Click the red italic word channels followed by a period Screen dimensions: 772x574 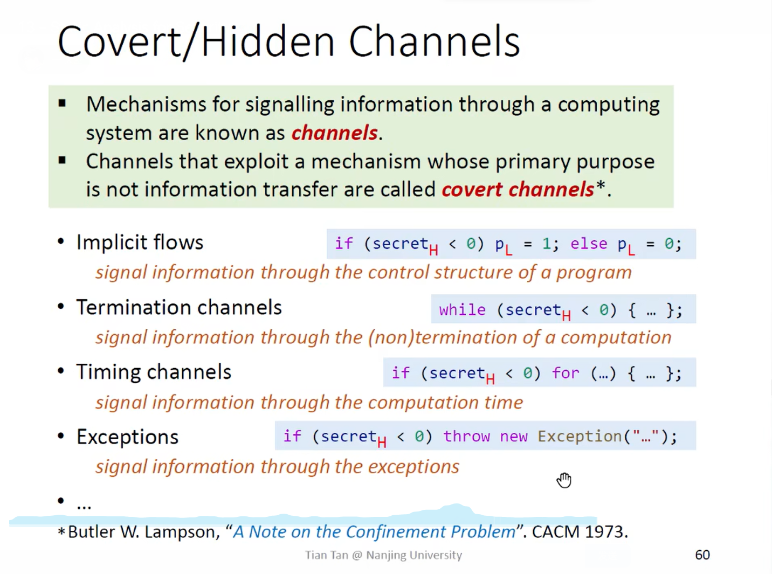pos(334,133)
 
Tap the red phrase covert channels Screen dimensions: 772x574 pos(518,190)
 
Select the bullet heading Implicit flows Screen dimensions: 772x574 pos(140,243)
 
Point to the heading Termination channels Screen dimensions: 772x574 pos(178,308)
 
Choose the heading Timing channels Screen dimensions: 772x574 pos(154,372)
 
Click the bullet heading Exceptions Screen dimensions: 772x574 pos(127,437)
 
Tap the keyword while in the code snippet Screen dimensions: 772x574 pos(462,310)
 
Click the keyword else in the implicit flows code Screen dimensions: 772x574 pos(589,244)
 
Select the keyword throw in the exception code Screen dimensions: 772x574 pos(466,436)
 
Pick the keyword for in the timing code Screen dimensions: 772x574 pos(566,373)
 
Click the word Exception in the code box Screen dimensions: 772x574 pos(580,436)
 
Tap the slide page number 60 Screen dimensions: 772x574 pos(702,555)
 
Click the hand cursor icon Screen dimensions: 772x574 pos(564,480)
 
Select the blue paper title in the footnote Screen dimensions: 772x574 pos(374,532)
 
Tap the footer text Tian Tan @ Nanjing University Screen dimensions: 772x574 pos(383,555)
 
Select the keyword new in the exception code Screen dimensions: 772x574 pos(513,436)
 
